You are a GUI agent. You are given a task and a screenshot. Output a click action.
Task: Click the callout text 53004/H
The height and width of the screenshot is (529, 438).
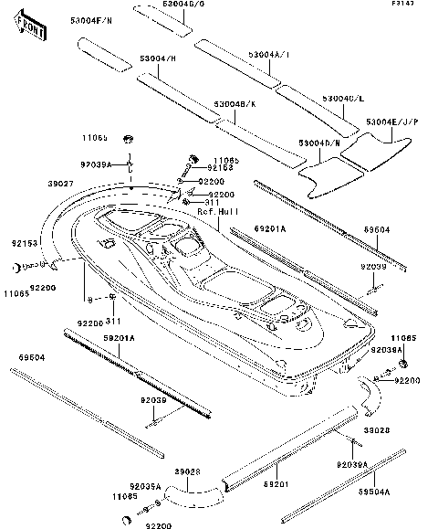(157, 58)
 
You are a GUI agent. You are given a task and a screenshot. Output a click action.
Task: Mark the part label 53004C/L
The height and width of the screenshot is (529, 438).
(345, 98)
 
